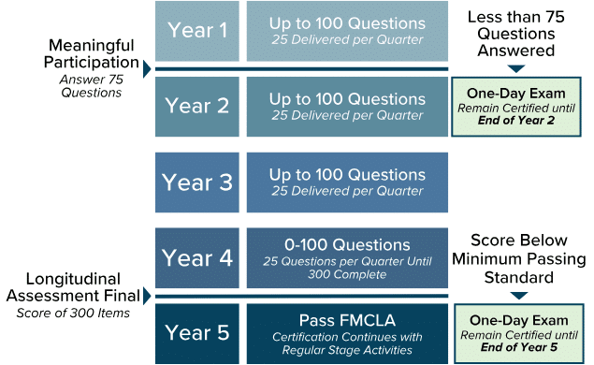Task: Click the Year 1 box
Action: tap(197, 30)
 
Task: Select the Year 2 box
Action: tap(197, 106)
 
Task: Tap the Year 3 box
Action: tap(197, 182)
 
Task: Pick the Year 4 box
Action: tap(197, 257)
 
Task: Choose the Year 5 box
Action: tap(197, 332)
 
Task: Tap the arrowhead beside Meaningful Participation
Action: tap(147, 67)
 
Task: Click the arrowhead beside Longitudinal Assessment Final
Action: tap(147, 297)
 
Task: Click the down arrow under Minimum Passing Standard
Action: tap(516, 297)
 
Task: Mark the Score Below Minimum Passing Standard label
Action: tap(516, 258)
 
